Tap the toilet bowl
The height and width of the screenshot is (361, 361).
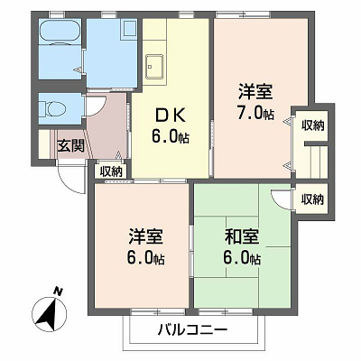coord(53,108)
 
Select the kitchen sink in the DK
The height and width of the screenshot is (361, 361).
coord(154,66)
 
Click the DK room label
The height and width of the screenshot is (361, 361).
coord(170,116)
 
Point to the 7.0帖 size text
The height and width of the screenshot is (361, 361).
coord(255,114)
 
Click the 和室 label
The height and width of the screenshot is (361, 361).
coord(242,236)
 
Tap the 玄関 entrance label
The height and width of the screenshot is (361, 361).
coord(70,146)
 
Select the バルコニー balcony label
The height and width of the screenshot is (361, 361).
coord(192,331)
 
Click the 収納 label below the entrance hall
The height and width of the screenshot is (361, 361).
coord(111,171)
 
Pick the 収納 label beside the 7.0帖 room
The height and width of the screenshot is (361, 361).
coord(313,125)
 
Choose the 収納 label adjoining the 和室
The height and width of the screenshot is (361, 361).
coord(312,199)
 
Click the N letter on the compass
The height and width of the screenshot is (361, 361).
coord(58,291)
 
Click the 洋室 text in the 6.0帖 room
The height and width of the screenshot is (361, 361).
coord(146,236)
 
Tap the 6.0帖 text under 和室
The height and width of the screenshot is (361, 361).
coord(242,258)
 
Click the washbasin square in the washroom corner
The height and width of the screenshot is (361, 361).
coord(130,29)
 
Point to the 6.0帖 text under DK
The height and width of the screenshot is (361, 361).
coord(170,137)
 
